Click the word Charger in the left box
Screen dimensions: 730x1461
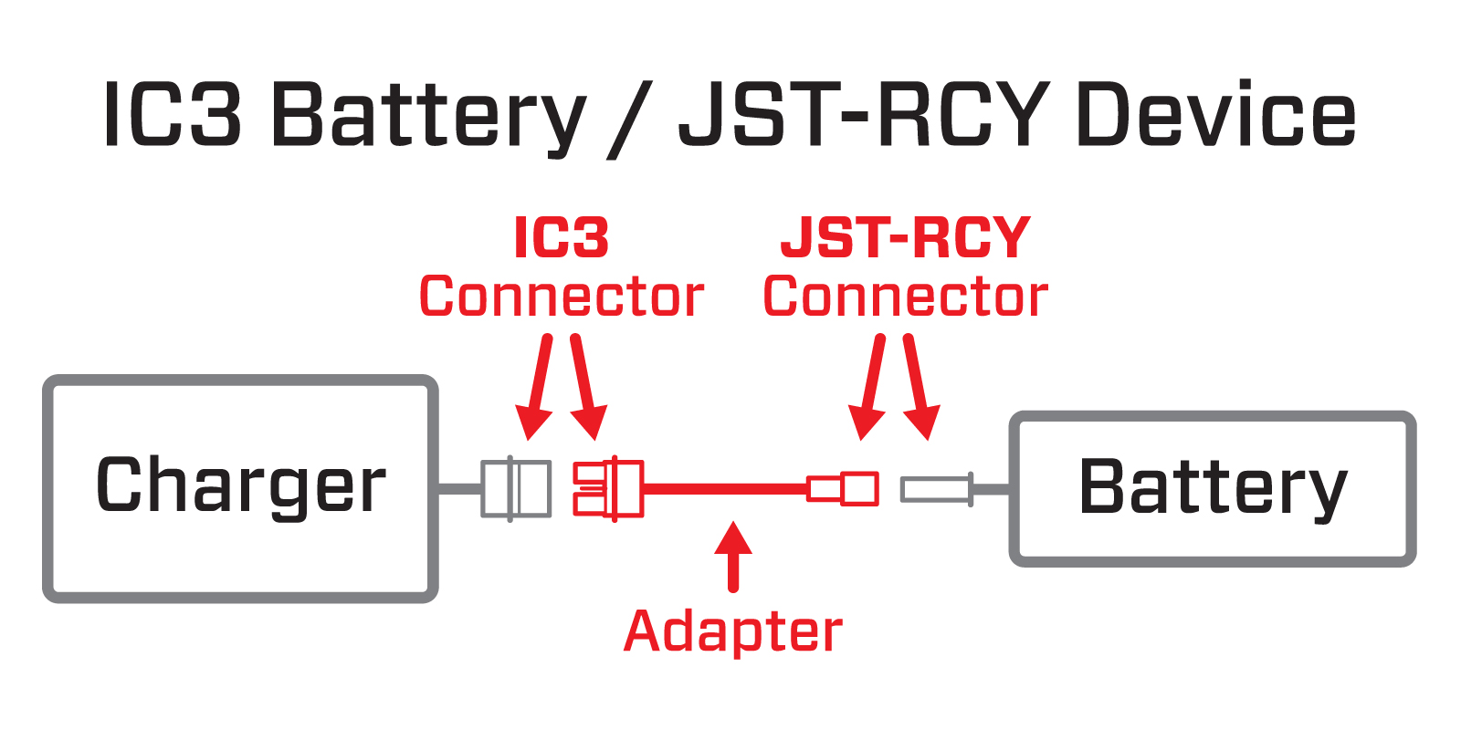[x=240, y=485]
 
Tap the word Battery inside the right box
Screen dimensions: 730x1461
[x=1213, y=487]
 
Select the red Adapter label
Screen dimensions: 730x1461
[x=733, y=631]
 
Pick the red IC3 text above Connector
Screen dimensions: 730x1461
[x=561, y=238]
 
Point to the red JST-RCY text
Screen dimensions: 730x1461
[x=905, y=238]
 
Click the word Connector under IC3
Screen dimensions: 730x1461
[x=562, y=297]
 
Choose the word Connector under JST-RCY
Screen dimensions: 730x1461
[x=905, y=297]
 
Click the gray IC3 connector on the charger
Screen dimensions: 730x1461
[x=517, y=489]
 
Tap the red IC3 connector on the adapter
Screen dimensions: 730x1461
[x=607, y=489]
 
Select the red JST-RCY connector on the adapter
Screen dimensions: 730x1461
[x=843, y=489]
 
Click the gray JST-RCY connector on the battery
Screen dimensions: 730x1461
[x=937, y=489]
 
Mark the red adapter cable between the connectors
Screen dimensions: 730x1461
[x=726, y=489]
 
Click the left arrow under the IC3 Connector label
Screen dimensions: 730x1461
[x=538, y=388]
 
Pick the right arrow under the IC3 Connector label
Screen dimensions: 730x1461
[x=585, y=388]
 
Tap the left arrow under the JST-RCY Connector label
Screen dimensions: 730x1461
[x=870, y=388]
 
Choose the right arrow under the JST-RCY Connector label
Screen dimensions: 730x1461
[x=918, y=388]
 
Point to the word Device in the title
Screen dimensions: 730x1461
[x=1215, y=115]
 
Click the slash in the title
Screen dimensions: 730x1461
[x=631, y=119]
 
